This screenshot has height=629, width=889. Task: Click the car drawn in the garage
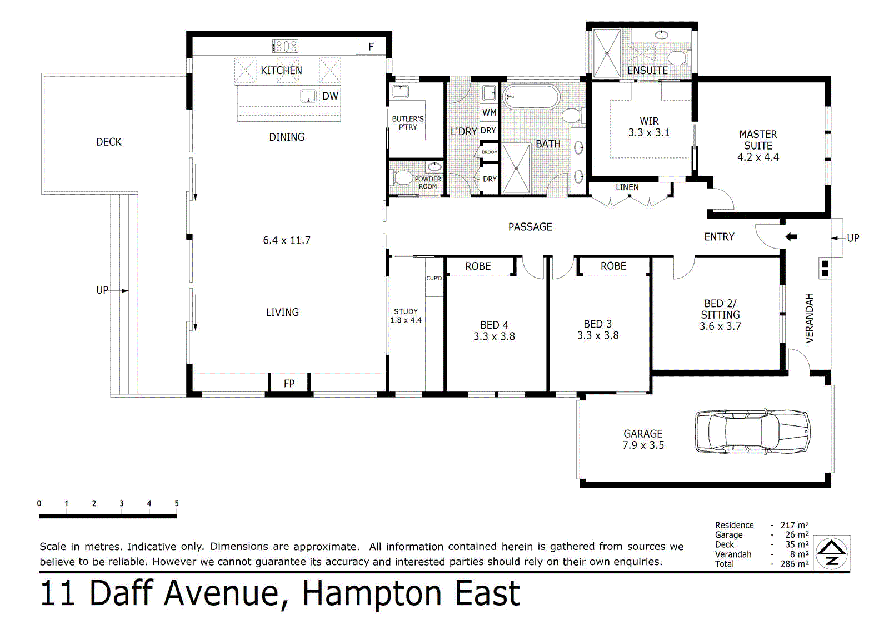(x=752, y=432)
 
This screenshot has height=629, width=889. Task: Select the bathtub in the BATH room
(x=531, y=97)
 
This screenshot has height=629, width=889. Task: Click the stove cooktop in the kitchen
(x=286, y=46)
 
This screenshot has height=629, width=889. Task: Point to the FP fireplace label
(x=289, y=383)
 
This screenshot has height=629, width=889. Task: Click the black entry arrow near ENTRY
(x=791, y=237)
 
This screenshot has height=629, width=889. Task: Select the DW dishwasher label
(x=330, y=96)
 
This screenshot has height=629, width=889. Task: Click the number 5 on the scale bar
(x=177, y=503)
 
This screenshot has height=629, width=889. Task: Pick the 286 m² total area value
(x=795, y=564)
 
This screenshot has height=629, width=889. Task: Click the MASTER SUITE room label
(x=758, y=140)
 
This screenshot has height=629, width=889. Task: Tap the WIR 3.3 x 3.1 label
(x=649, y=127)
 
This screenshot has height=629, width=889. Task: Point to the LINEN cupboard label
(x=627, y=187)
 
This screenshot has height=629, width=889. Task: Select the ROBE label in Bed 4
(x=478, y=266)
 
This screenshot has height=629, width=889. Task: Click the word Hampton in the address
(x=371, y=594)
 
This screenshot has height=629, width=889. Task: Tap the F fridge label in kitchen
(x=371, y=47)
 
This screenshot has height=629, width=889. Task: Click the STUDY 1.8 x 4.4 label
(x=406, y=316)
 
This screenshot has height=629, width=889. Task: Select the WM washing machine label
(x=489, y=112)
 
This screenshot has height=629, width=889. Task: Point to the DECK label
(x=108, y=142)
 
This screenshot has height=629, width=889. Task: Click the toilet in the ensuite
(x=678, y=58)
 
